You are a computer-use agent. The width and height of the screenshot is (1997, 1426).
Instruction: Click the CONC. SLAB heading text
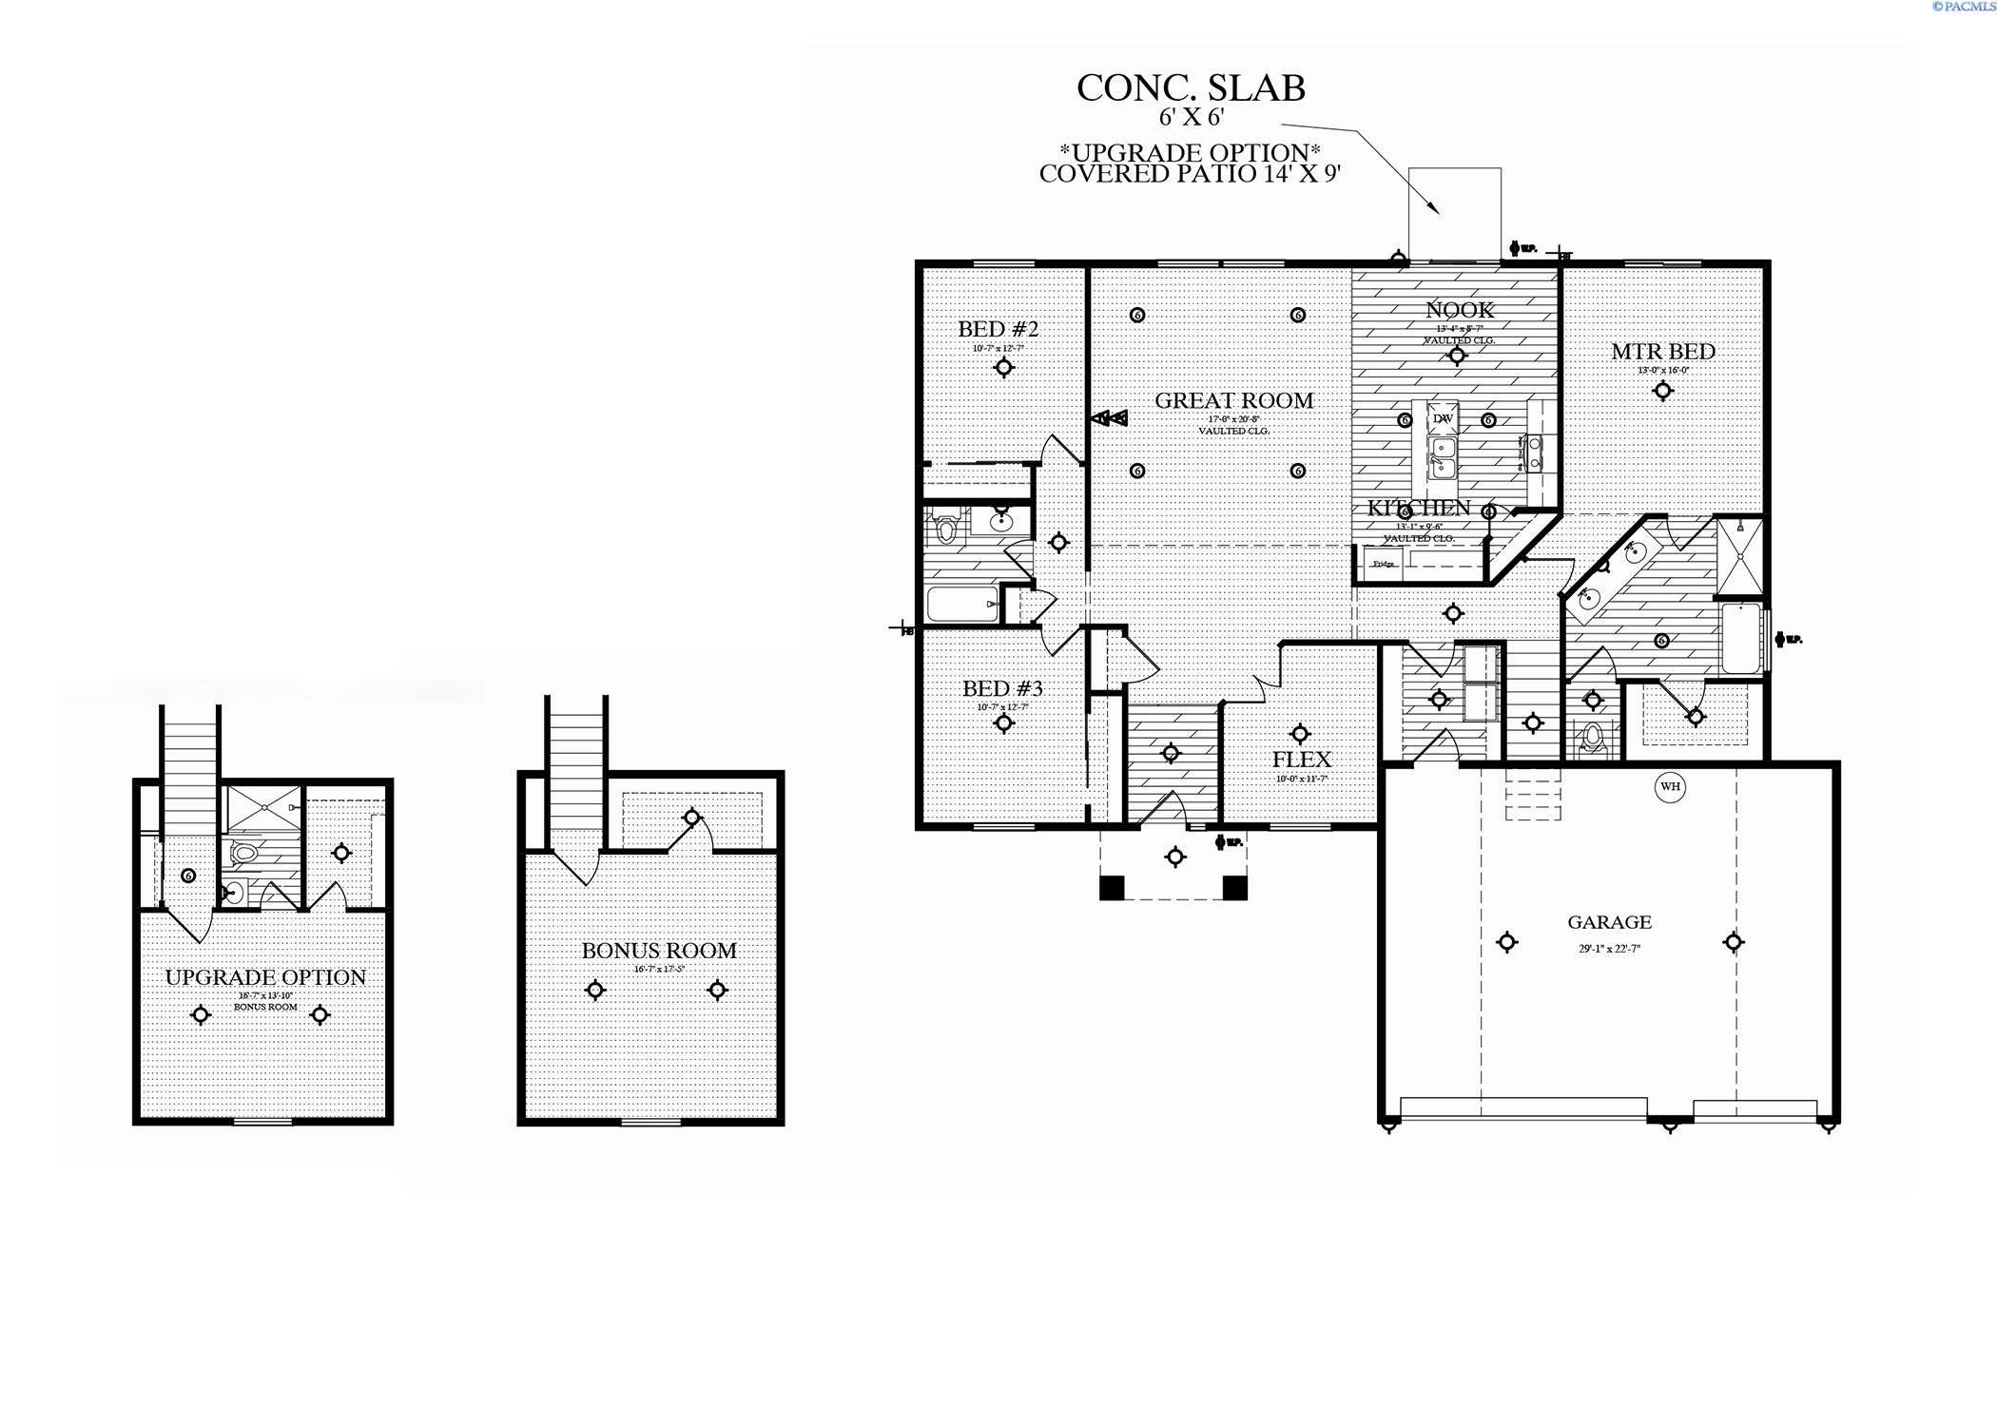pyautogui.click(x=1191, y=88)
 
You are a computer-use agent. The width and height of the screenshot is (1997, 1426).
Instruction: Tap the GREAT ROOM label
pyautogui.click(x=1233, y=401)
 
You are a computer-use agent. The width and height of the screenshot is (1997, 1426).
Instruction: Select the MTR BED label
pyautogui.click(x=1662, y=352)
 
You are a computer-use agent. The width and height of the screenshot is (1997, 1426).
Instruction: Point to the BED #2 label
pyautogui.click(x=998, y=330)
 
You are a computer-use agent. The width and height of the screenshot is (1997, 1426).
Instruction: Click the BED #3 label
pyautogui.click(x=1002, y=688)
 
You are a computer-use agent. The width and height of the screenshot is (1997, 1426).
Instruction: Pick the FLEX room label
pyautogui.click(x=1301, y=760)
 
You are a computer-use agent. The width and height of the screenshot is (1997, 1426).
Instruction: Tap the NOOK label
pyautogui.click(x=1460, y=310)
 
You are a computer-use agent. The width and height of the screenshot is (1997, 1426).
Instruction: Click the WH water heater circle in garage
pyautogui.click(x=1670, y=786)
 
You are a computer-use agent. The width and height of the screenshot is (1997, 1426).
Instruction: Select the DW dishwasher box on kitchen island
pyautogui.click(x=1442, y=418)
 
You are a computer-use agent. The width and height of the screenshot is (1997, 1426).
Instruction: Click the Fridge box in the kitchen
pyautogui.click(x=1384, y=564)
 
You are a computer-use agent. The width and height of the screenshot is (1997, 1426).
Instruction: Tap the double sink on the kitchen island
pyautogui.click(x=1443, y=457)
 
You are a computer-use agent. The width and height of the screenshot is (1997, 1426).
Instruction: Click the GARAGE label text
pyautogui.click(x=1609, y=922)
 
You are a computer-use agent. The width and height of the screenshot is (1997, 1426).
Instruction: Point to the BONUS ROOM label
pyautogui.click(x=659, y=951)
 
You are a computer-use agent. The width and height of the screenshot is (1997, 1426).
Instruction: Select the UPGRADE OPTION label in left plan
pyautogui.click(x=265, y=977)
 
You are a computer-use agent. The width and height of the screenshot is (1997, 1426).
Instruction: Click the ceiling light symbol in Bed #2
pyautogui.click(x=1003, y=368)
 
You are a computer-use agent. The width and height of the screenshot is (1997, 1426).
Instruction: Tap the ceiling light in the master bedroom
pyautogui.click(x=1662, y=391)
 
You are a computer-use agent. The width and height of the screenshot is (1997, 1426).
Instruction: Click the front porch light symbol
pyautogui.click(x=1175, y=857)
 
